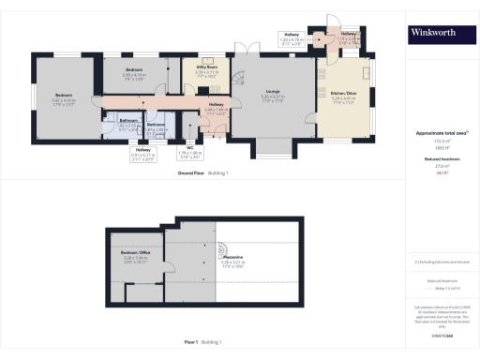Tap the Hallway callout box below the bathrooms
point(143,153)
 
